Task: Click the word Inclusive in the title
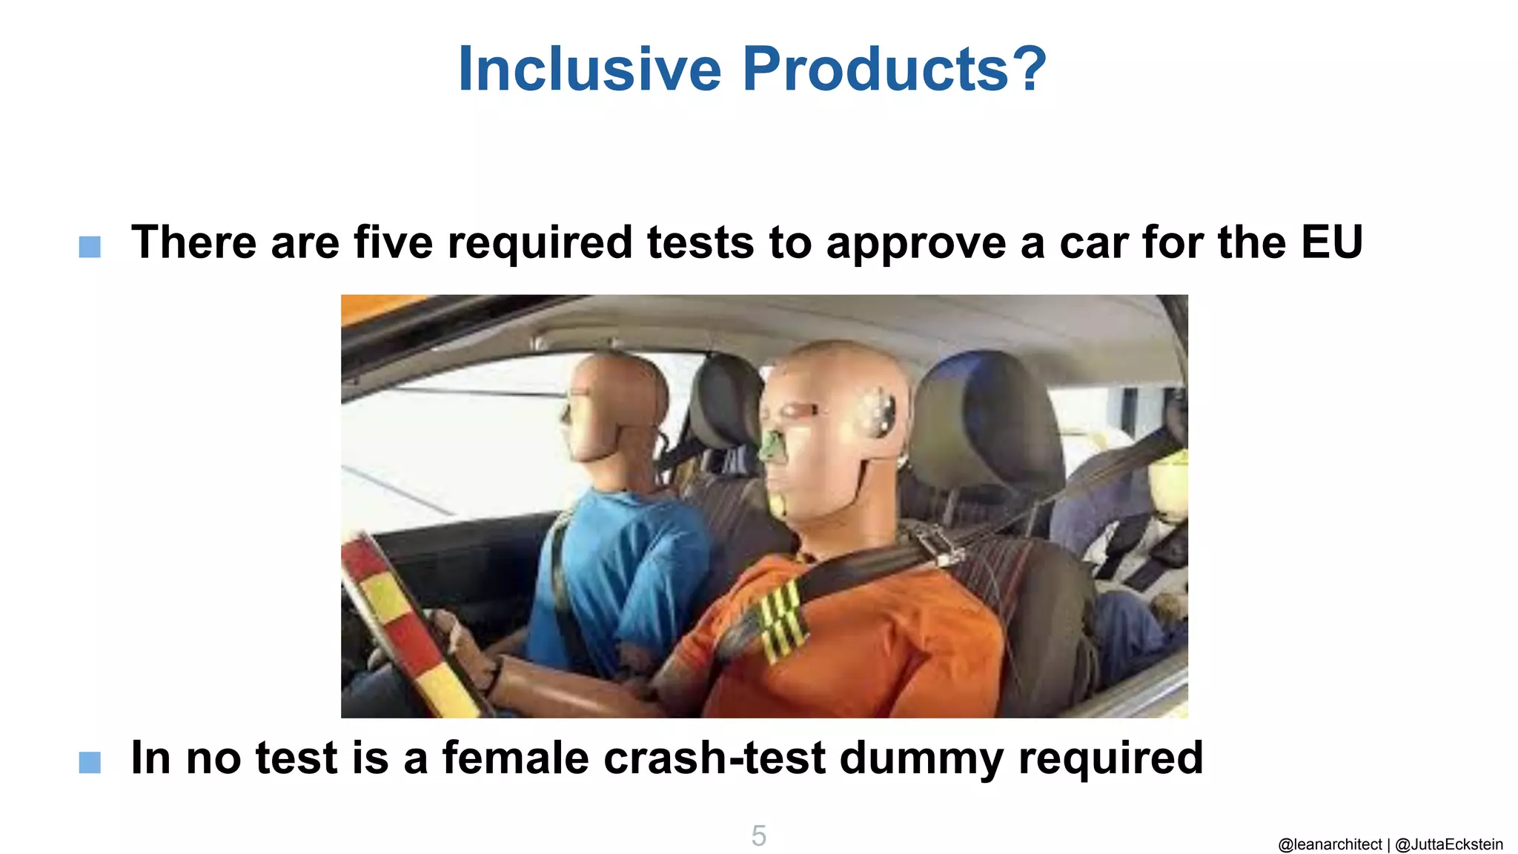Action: [589, 69]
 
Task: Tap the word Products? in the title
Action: [895, 69]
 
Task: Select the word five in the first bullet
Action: [393, 242]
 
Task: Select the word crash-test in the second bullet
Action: [715, 758]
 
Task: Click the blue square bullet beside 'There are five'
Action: [90, 247]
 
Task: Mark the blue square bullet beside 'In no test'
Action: [90, 762]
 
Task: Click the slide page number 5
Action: [758, 835]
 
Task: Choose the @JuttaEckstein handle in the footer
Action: [1449, 844]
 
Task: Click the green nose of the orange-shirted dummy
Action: [773, 446]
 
